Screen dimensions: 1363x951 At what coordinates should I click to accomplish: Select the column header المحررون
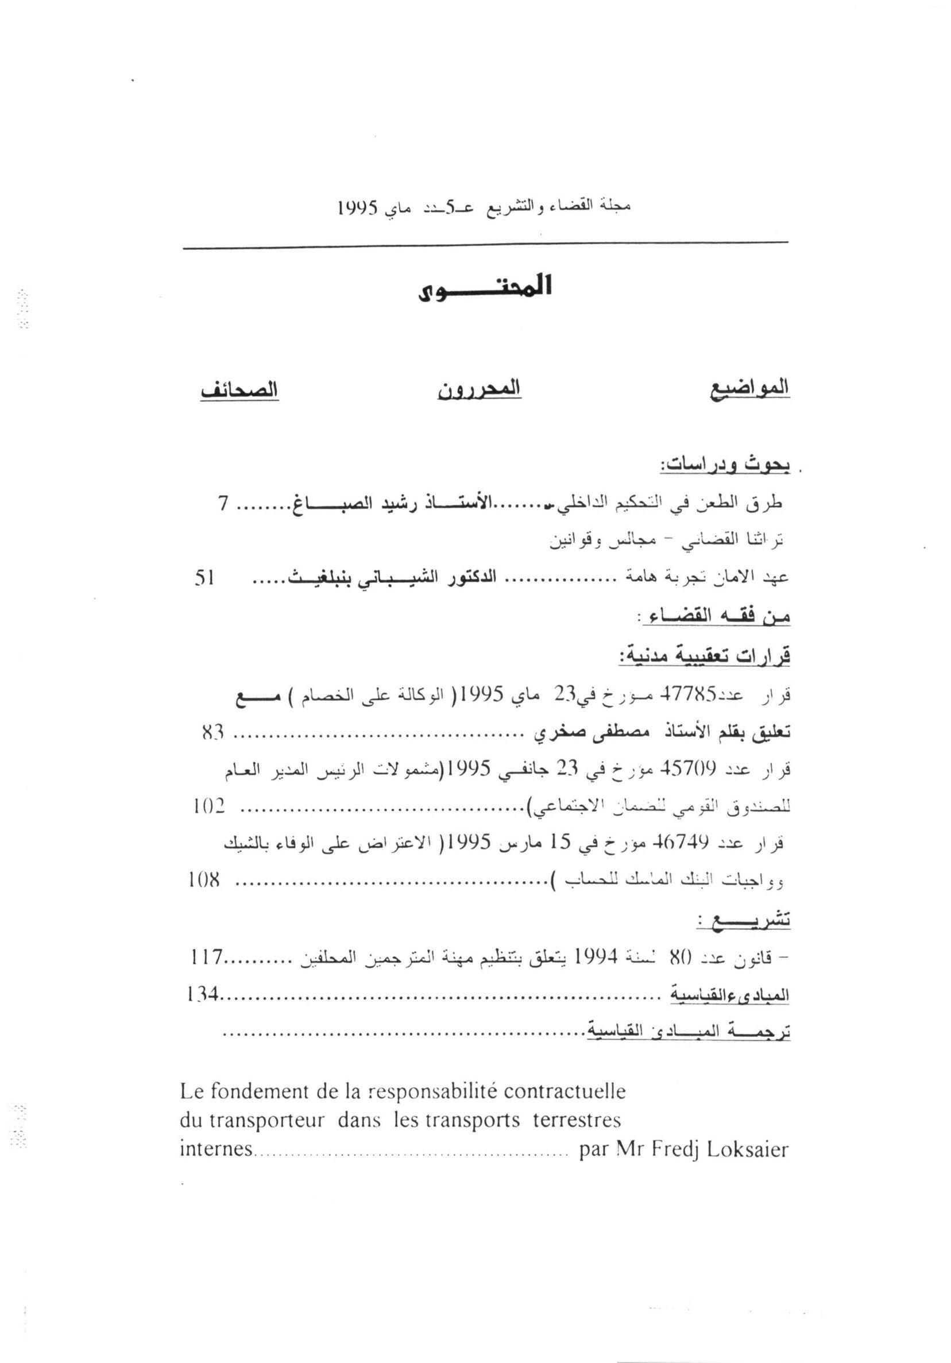pos(479,389)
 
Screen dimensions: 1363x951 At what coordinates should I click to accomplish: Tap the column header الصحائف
pos(239,390)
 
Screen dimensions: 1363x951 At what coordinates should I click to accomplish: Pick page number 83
pos(212,733)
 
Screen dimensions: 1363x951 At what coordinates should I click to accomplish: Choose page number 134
pos(202,994)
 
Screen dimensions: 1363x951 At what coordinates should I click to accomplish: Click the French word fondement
pos(256,1091)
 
